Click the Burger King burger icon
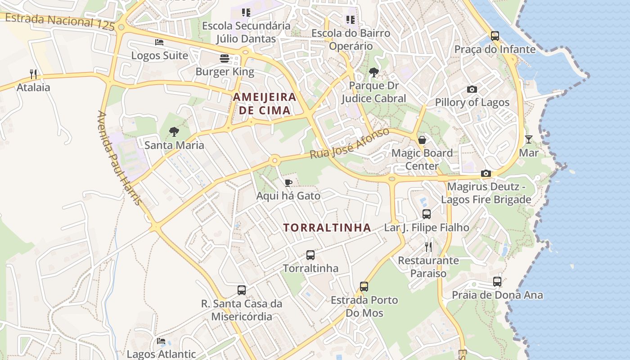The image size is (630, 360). (224, 58)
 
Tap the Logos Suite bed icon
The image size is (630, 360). (159, 42)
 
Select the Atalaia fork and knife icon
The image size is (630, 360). (33, 74)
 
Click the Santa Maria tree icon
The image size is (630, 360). (174, 132)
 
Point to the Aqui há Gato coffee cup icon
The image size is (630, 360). (288, 182)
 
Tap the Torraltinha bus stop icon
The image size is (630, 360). (310, 255)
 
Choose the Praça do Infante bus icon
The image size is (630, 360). (495, 36)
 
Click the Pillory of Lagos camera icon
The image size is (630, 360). (472, 89)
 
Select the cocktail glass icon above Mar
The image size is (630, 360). (529, 139)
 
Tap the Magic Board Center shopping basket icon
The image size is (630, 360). (422, 140)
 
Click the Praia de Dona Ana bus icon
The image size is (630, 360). (497, 282)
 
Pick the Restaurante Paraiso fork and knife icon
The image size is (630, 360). (428, 247)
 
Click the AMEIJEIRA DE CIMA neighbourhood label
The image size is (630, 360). (265, 103)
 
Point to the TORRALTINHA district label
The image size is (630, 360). (327, 228)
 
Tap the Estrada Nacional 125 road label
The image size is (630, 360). (60, 21)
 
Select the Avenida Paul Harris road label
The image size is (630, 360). (119, 157)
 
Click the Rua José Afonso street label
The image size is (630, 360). (349, 143)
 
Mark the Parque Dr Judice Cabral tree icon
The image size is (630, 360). (373, 72)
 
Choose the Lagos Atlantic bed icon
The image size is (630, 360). (161, 341)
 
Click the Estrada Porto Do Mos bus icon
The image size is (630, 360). (364, 287)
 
